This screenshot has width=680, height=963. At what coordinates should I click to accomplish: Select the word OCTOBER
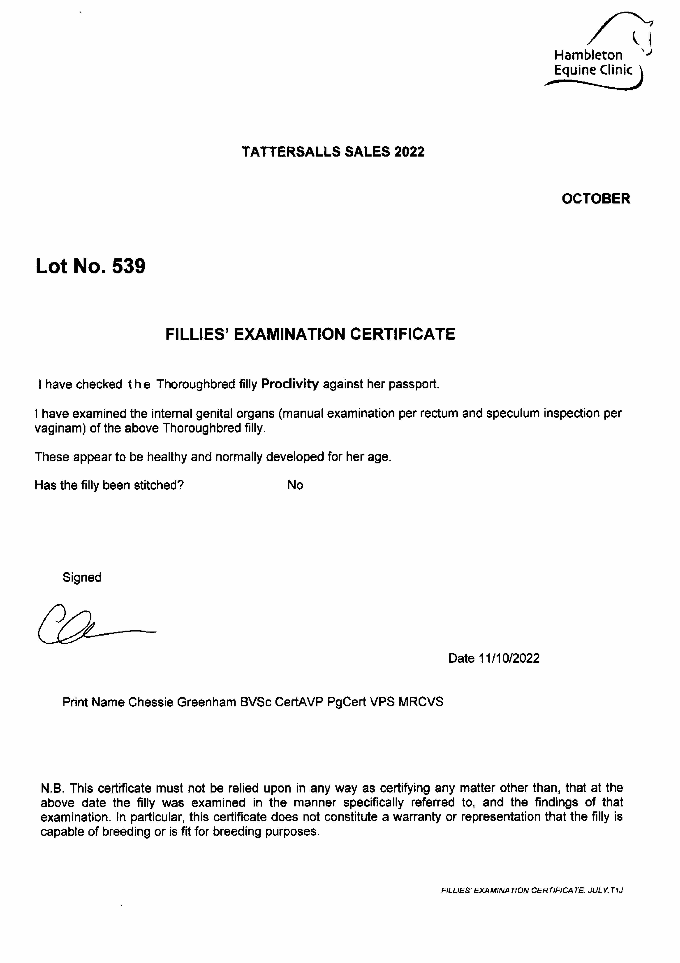[596, 199]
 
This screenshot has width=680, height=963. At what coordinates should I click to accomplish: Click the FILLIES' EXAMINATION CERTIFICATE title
[310, 334]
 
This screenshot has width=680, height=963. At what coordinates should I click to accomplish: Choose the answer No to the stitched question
[295, 485]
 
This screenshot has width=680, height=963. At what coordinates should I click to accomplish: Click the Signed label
[82, 578]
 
